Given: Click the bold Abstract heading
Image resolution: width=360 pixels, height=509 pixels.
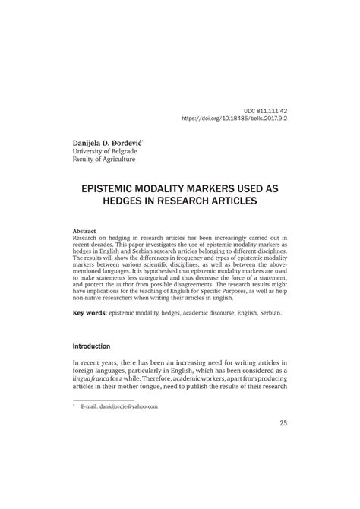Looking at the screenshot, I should tap(84, 231).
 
